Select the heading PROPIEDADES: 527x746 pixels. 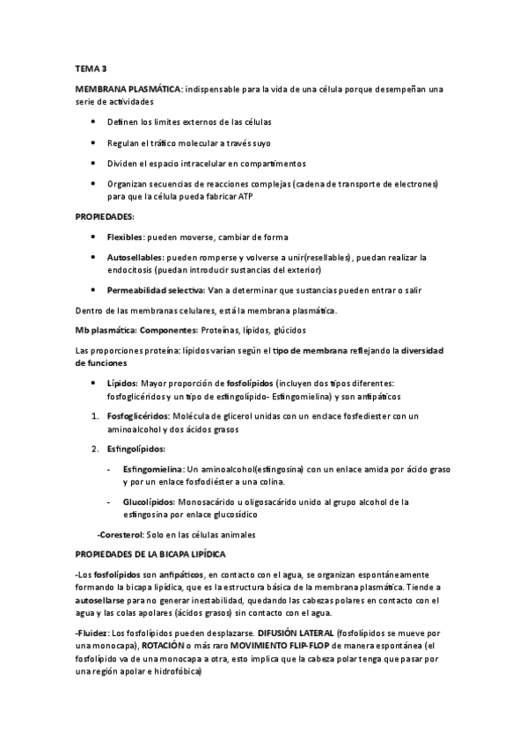click(x=105, y=216)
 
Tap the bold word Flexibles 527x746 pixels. click(x=125, y=238)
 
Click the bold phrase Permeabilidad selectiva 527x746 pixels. click(x=156, y=289)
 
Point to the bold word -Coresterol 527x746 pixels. click(x=120, y=534)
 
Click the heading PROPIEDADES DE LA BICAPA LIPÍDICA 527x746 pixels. click(x=150, y=554)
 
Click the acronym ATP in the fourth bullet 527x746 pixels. click(x=245, y=196)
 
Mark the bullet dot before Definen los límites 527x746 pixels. click(x=93, y=121)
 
